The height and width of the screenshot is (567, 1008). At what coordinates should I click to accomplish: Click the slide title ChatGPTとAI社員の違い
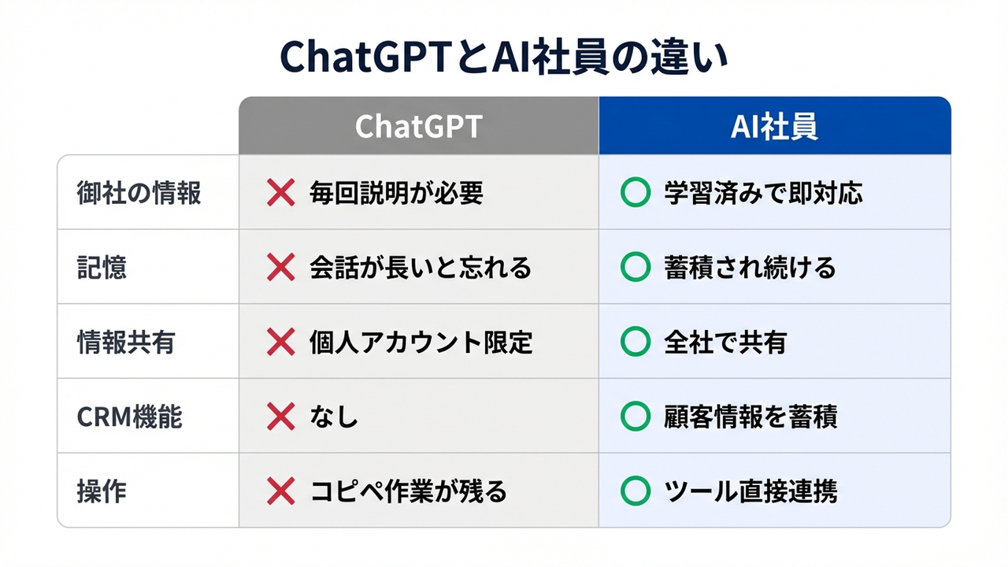tap(504, 59)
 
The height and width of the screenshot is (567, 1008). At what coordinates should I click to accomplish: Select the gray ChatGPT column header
tap(418, 127)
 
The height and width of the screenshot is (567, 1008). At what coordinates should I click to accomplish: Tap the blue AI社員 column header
tap(774, 127)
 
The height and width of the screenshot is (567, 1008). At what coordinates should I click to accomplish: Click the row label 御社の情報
tap(139, 193)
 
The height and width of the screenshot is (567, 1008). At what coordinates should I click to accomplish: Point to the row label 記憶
tap(102, 268)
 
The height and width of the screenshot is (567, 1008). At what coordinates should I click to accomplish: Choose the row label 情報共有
tap(126, 343)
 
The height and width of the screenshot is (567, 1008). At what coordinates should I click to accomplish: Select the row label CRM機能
tap(130, 417)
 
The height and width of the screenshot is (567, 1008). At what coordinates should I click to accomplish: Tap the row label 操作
tap(102, 491)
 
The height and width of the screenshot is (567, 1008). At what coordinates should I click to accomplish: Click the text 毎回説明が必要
tap(396, 193)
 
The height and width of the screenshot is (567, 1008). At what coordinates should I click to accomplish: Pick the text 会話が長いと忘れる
tap(421, 268)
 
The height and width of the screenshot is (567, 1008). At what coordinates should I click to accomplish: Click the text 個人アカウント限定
tap(421, 343)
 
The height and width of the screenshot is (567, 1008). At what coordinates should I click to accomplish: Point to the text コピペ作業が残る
tap(409, 491)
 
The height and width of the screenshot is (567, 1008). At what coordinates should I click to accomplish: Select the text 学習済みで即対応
tap(763, 193)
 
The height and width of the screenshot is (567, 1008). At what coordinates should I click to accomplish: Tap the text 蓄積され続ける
tap(750, 268)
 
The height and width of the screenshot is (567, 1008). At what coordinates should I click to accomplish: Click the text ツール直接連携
tap(750, 491)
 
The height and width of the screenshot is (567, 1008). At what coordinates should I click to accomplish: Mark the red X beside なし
tap(281, 417)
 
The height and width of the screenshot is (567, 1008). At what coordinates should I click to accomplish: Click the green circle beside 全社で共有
tap(635, 343)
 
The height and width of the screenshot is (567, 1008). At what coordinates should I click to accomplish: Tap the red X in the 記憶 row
tap(281, 268)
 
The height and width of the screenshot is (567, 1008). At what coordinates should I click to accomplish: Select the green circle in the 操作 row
tap(635, 491)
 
